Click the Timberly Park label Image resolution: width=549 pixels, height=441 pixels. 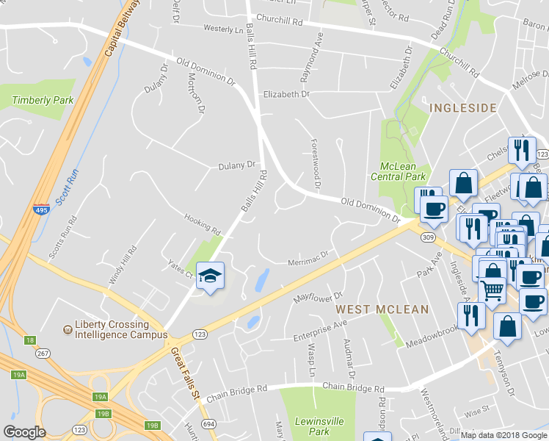(x=43, y=100)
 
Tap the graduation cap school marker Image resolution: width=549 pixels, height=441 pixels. (x=211, y=276)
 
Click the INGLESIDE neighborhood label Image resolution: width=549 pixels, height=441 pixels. (x=463, y=108)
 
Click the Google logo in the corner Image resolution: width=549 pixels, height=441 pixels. (x=24, y=432)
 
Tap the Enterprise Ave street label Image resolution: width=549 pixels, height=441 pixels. (x=320, y=329)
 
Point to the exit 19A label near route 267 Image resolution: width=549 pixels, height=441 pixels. (x=18, y=375)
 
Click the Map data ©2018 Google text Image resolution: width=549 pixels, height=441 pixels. (x=503, y=435)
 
